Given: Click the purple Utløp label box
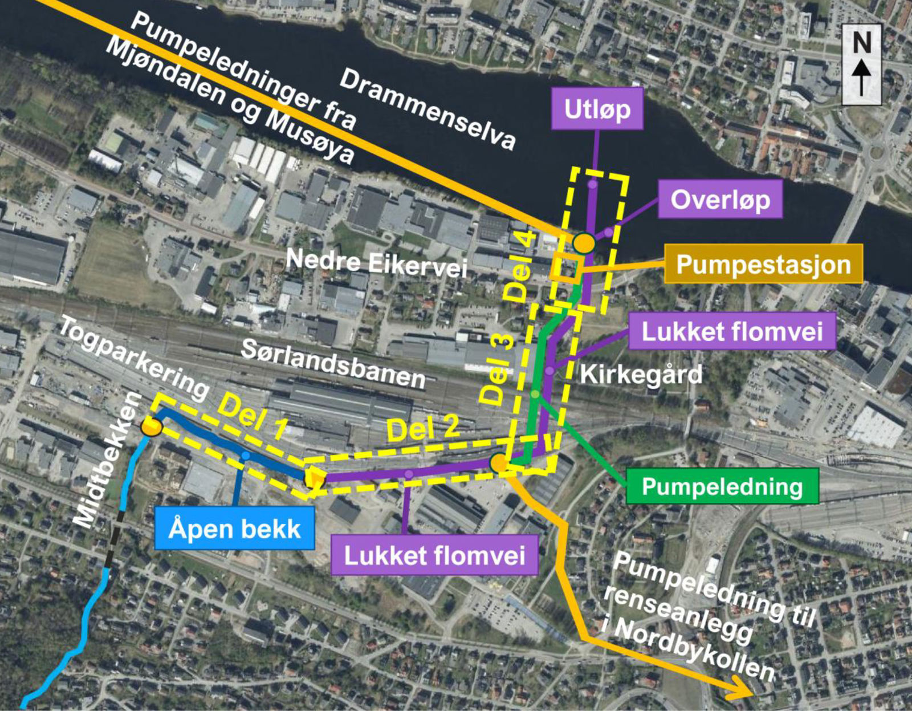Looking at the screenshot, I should click(x=597, y=108).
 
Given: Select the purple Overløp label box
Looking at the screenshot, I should click(x=720, y=200).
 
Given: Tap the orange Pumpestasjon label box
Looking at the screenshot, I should click(x=763, y=264).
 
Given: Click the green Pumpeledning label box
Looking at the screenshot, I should click(x=722, y=486).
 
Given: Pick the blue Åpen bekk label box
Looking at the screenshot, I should click(x=234, y=529).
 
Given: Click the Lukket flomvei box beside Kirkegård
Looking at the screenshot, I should click(x=732, y=331).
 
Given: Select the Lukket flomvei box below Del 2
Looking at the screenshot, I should click(x=434, y=555).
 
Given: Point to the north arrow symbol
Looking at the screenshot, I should click(x=861, y=64).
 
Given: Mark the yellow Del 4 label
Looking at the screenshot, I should click(x=523, y=266).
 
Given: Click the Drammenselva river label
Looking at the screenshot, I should click(x=427, y=111).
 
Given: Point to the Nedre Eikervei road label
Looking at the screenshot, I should click(x=376, y=263).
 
